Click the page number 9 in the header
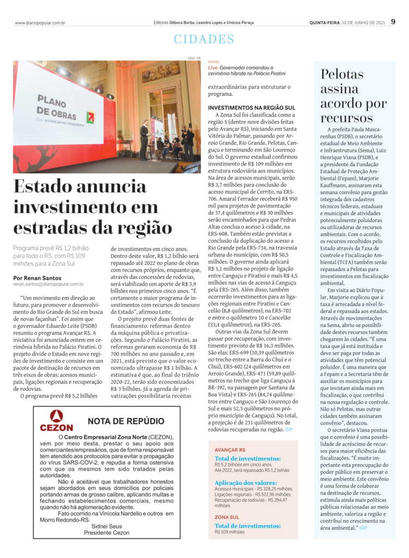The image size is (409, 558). tap(393, 22)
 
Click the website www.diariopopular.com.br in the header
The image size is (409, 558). tap(40, 23)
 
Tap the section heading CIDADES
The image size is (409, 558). tap(204, 39)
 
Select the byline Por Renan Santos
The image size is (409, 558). tap(37, 277)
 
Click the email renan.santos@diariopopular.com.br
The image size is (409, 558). tap(48, 284)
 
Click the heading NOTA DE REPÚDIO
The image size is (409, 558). tap(126, 421)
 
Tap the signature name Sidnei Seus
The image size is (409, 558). tap(107, 526)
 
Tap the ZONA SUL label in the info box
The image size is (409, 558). tap(227, 517)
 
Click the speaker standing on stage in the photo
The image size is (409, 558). tap(143, 139)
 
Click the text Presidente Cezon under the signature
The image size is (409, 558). tap(107, 532)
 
